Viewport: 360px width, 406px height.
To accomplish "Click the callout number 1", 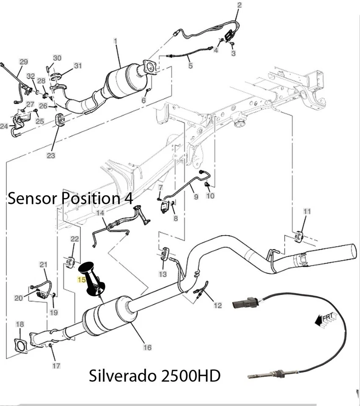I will click(x=115, y=41).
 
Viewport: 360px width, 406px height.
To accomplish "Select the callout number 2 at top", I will click(x=239, y=5).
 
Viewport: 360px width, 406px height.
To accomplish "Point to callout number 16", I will click(x=147, y=348).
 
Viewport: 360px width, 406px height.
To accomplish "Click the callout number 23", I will click(x=51, y=156).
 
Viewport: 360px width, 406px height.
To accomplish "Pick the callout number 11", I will click(x=307, y=211).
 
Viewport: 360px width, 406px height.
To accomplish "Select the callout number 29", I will click(x=24, y=62).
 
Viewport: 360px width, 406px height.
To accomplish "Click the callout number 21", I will click(x=44, y=265).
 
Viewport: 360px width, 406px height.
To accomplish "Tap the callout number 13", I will click(x=163, y=274).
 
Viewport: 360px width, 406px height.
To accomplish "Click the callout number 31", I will click(x=77, y=66).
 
